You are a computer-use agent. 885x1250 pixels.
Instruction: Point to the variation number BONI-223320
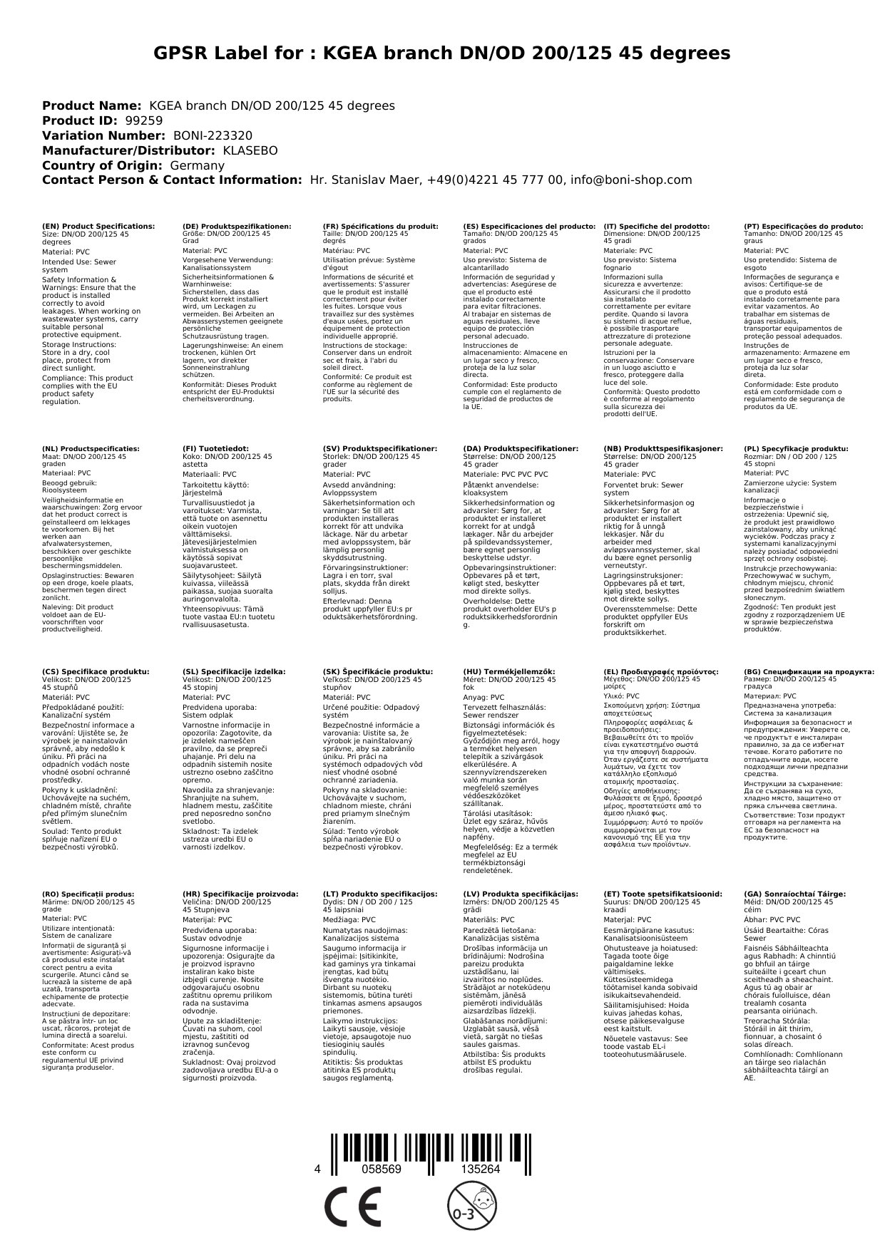tap(213, 135)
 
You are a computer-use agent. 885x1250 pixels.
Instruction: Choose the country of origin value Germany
tap(197, 165)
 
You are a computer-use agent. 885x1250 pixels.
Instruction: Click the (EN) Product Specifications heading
tap(98, 226)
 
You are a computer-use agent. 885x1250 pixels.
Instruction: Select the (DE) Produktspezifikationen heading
tap(237, 226)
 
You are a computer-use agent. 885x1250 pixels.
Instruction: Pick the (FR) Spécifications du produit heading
tap(380, 226)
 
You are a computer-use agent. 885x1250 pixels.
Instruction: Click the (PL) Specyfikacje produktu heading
tap(796, 449)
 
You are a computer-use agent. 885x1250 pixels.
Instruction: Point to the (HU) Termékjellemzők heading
tap(509, 671)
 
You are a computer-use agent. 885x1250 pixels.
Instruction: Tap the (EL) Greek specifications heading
tap(660, 671)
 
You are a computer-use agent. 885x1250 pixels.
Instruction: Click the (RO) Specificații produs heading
tap(88, 894)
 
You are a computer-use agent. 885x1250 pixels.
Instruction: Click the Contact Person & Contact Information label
tap(172, 180)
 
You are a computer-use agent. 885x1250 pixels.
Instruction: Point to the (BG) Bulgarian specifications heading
tap(809, 671)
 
